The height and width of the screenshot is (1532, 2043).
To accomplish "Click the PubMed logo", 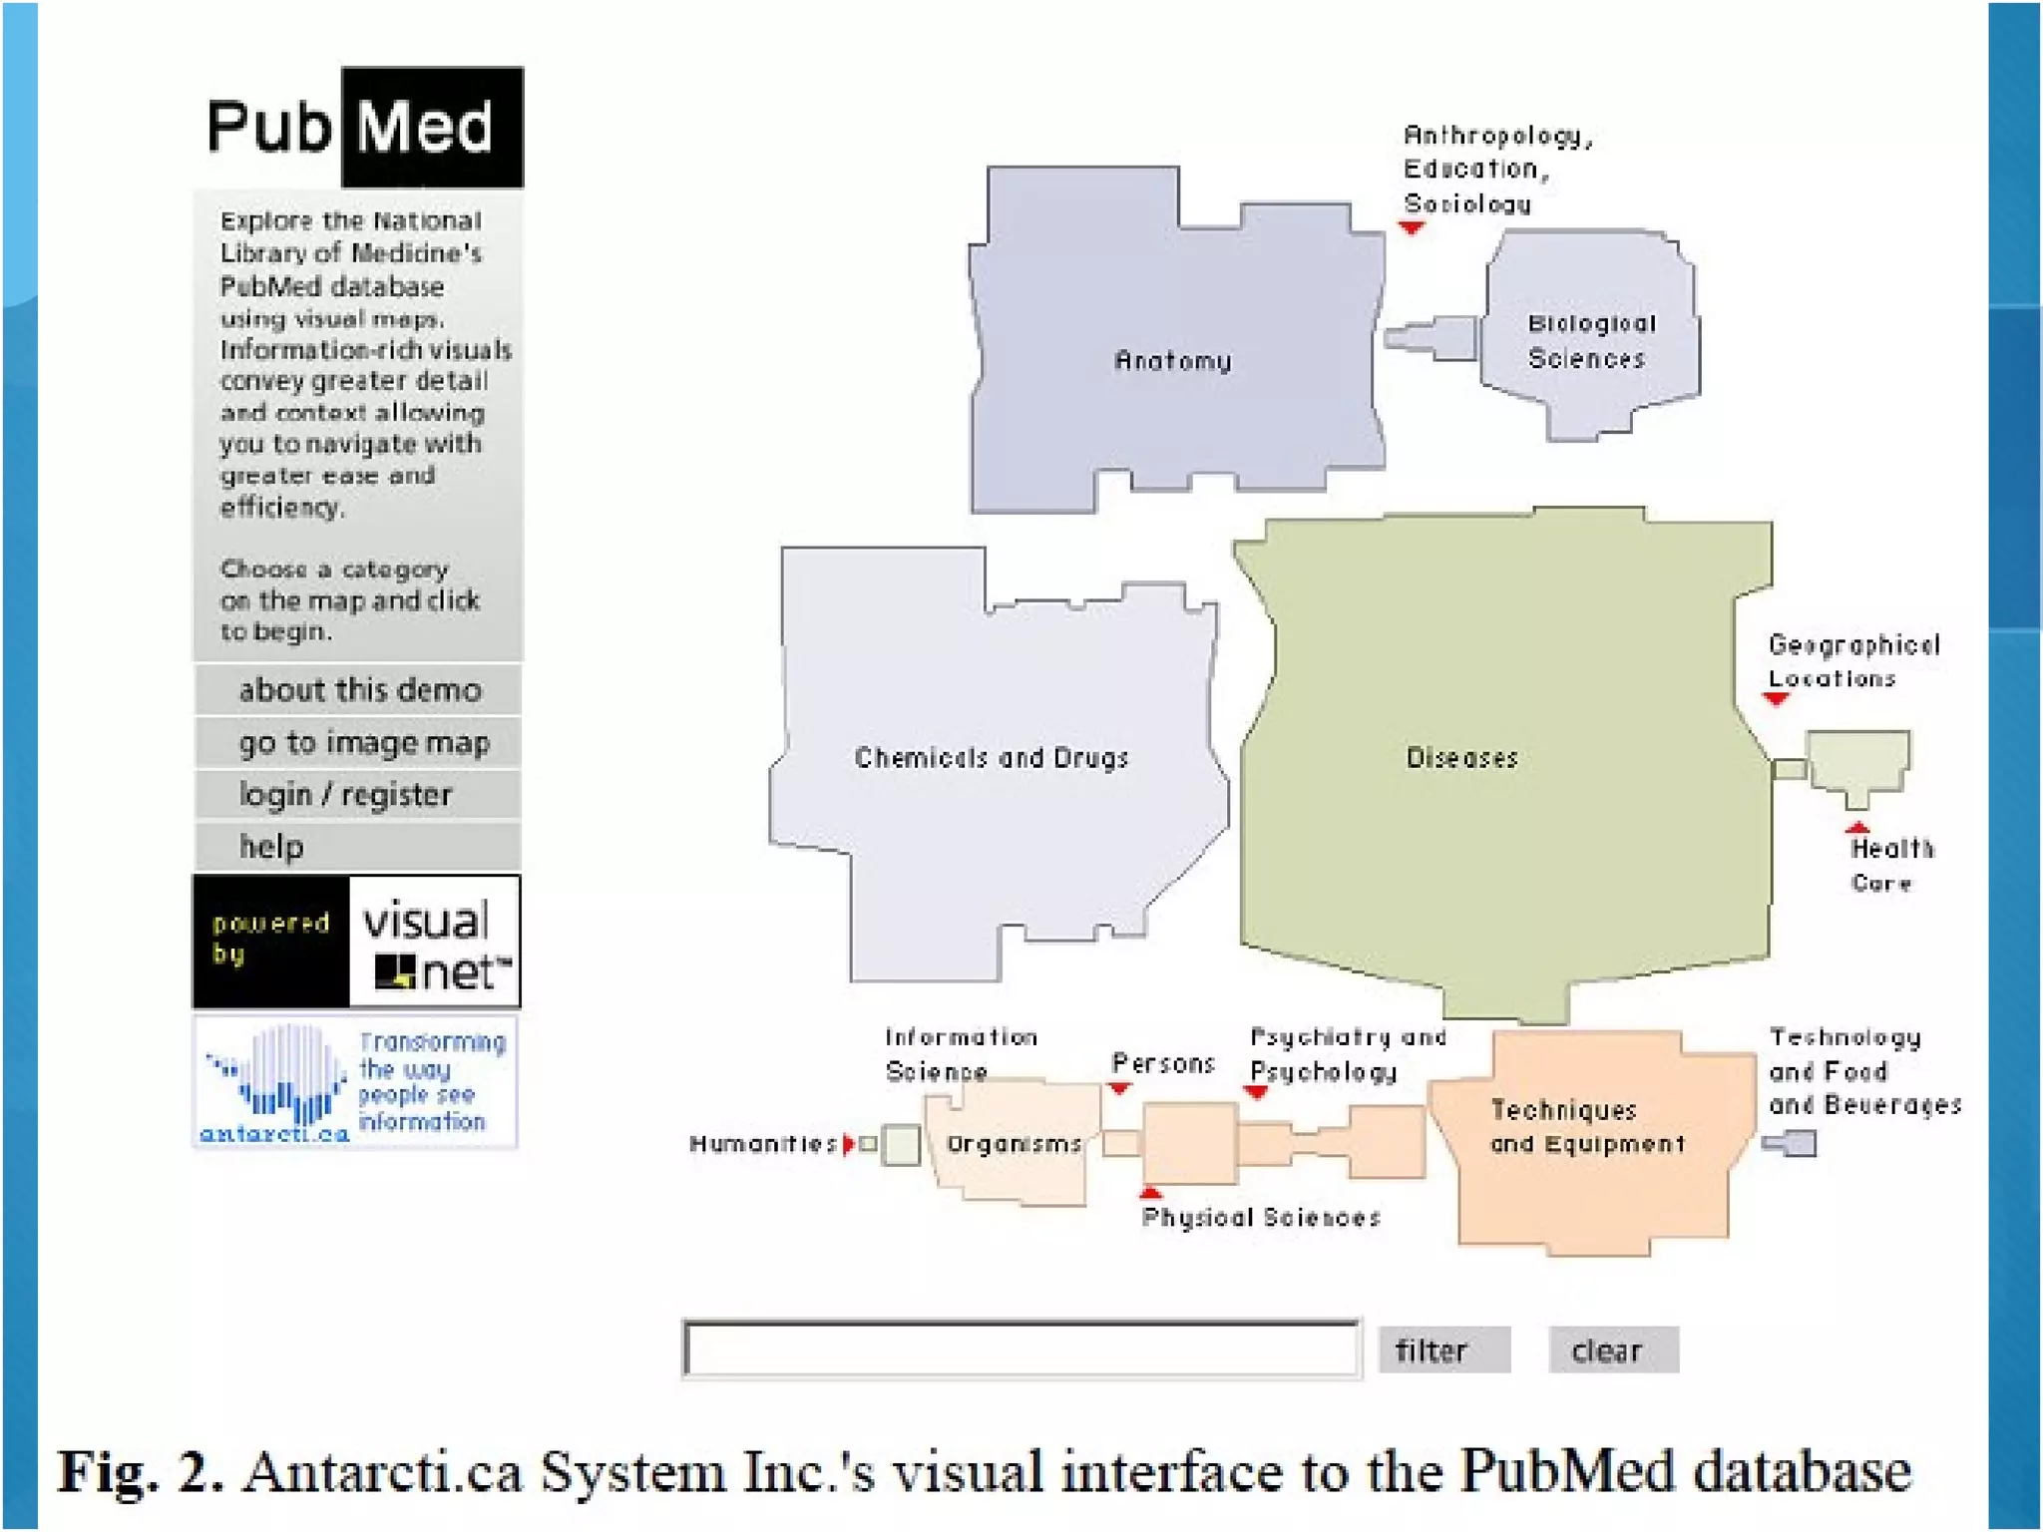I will (x=363, y=128).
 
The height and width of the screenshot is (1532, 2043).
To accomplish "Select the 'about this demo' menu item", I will (x=359, y=690).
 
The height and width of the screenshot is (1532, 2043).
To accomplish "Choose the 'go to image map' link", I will (x=363, y=743).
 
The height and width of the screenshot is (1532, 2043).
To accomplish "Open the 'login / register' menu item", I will (x=345, y=795).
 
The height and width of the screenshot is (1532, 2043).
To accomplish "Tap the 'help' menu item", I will (x=271, y=847).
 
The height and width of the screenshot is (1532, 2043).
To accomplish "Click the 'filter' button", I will (x=1442, y=1350).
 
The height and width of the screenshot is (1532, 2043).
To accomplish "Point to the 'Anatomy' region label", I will (x=1172, y=360).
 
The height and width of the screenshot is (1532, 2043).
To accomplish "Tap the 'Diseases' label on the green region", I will (x=1461, y=758).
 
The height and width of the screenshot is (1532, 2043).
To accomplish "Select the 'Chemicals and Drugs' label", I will (x=991, y=758).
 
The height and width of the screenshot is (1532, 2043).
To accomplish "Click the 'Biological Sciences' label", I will (x=1590, y=341).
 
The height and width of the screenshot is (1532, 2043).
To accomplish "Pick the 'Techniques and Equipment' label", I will (x=1586, y=1127).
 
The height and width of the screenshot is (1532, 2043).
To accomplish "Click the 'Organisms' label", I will (x=1014, y=1144).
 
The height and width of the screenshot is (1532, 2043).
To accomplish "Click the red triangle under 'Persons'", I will (x=1119, y=1088).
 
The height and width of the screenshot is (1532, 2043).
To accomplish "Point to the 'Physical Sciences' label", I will (x=1261, y=1218).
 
